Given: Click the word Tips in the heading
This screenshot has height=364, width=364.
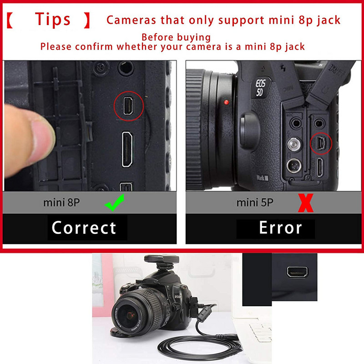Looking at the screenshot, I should pos(53,20).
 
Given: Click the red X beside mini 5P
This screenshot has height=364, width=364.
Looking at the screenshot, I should pos(305,203).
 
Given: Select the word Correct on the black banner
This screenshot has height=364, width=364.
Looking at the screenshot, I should pos(84,227).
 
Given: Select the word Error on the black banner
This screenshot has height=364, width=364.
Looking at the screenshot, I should pos(280,227).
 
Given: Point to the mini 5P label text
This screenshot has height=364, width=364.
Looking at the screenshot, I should pos(255,202).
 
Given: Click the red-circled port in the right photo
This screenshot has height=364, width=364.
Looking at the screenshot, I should pos(321,143).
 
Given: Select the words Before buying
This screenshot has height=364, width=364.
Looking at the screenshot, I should pos(176,37).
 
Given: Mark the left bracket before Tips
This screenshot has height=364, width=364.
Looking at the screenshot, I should pos(12,20).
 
